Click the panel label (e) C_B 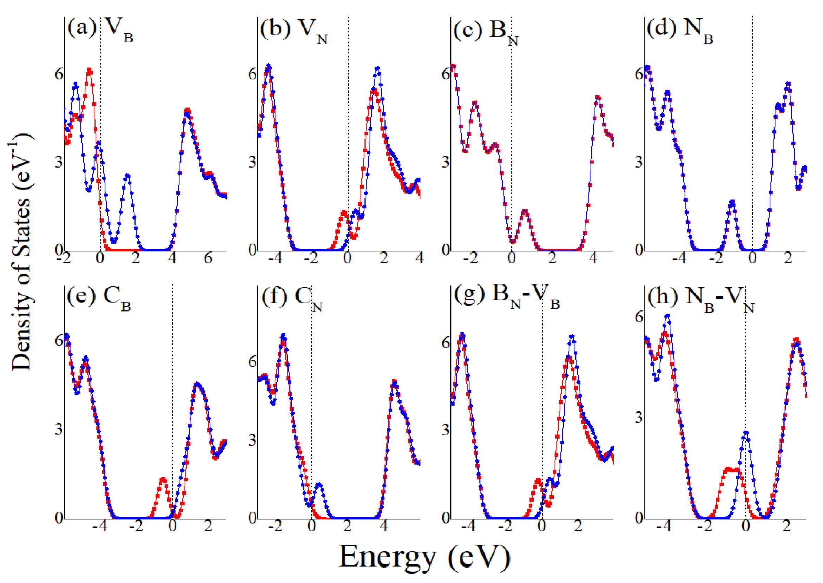pyautogui.click(x=99, y=297)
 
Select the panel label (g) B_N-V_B pyautogui.click(x=506, y=297)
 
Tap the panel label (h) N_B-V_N pyautogui.click(x=700, y=298)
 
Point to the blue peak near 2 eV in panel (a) pyautogui.click(x=127, y=176)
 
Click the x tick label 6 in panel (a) pyautogui.click(x=208, y=258)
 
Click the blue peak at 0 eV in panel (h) pyautogui.click(x=745, y=433)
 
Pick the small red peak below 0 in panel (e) pyautogui.click(x=163, y=479)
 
